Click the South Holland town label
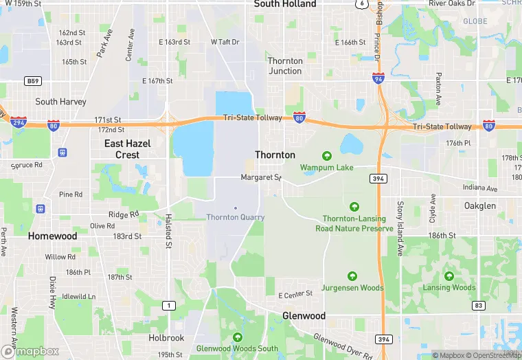[285, 4]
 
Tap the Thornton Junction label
[285, 66]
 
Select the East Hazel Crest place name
[128, 149]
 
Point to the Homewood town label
[52, 236]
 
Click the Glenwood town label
[304, 315]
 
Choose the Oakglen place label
[479, 205]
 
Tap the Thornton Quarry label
[236, 217]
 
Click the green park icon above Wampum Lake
[326, 156]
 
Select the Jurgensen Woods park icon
[352, 276]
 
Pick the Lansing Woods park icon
[449, 276]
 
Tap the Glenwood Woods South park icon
[237, 337]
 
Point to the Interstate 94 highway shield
[378, 78]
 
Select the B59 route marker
[32, 81]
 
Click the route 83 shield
[479, 305]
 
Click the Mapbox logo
[30, 350]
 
